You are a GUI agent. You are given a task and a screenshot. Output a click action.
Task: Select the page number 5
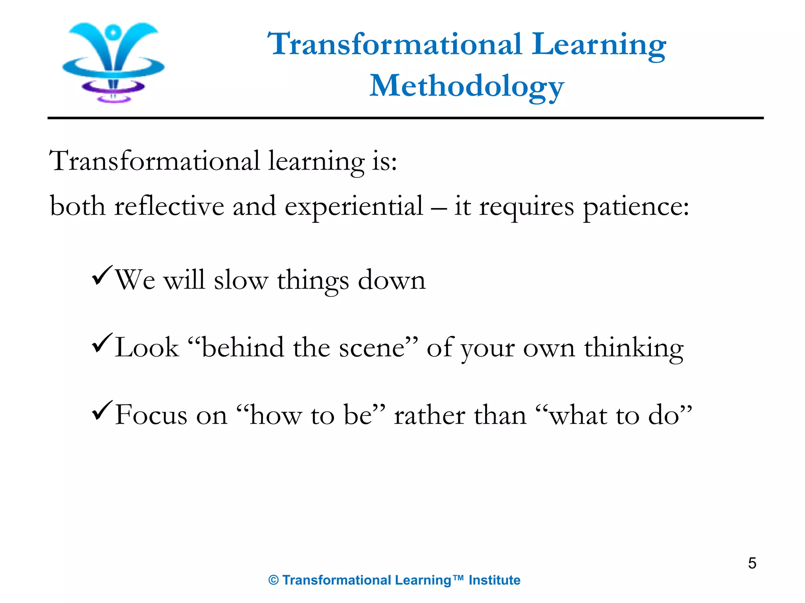coord(752,563)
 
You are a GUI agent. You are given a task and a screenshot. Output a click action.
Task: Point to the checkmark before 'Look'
coord(102,344)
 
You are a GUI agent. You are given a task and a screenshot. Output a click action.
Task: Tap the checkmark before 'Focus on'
coord(102,411)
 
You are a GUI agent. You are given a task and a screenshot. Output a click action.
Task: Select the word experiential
coord(354,207)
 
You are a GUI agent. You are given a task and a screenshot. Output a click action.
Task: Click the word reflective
coord(169,206)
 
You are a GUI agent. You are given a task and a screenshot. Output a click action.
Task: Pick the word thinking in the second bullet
coord(634,348)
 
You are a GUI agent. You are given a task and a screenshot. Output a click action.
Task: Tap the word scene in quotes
coord(371,348)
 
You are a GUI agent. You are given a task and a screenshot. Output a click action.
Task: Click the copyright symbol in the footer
coord(274,580)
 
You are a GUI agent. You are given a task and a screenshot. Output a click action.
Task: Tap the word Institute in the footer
coord(494,580)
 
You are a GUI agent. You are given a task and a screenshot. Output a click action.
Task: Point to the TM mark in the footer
coord(458,578)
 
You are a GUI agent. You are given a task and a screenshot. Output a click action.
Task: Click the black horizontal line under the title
coord(405,118)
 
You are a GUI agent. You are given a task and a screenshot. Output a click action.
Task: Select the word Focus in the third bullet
coord(151,415)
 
